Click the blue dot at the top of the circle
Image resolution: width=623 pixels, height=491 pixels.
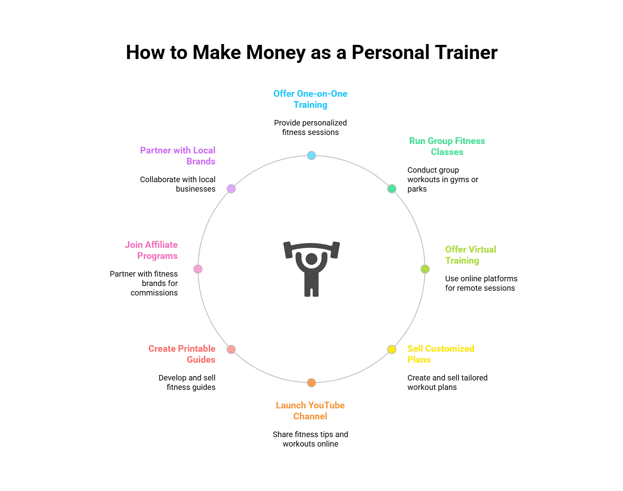311,155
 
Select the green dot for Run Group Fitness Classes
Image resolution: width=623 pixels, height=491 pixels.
392,189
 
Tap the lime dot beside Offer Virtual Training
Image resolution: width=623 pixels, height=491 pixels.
425,269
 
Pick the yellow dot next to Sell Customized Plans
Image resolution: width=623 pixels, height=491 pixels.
392,349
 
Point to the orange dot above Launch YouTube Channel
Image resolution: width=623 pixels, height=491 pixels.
311,383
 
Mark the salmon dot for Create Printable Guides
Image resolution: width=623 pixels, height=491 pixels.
231,349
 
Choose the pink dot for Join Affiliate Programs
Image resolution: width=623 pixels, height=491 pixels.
198,269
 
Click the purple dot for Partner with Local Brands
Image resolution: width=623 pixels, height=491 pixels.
231,189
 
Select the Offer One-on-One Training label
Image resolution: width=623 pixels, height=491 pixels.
311,99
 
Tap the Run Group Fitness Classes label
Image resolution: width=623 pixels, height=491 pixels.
448,146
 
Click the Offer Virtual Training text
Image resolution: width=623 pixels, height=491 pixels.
470,255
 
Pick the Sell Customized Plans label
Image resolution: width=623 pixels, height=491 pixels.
441,354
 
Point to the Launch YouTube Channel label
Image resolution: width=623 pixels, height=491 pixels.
310,410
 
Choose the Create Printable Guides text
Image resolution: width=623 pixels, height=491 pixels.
182,354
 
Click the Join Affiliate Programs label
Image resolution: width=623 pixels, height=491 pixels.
151,250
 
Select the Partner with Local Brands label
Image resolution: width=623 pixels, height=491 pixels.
178,155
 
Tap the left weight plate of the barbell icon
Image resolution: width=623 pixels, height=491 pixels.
288,250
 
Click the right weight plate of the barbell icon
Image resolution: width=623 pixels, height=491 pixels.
335,250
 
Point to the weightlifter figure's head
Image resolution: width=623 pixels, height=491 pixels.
311,258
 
